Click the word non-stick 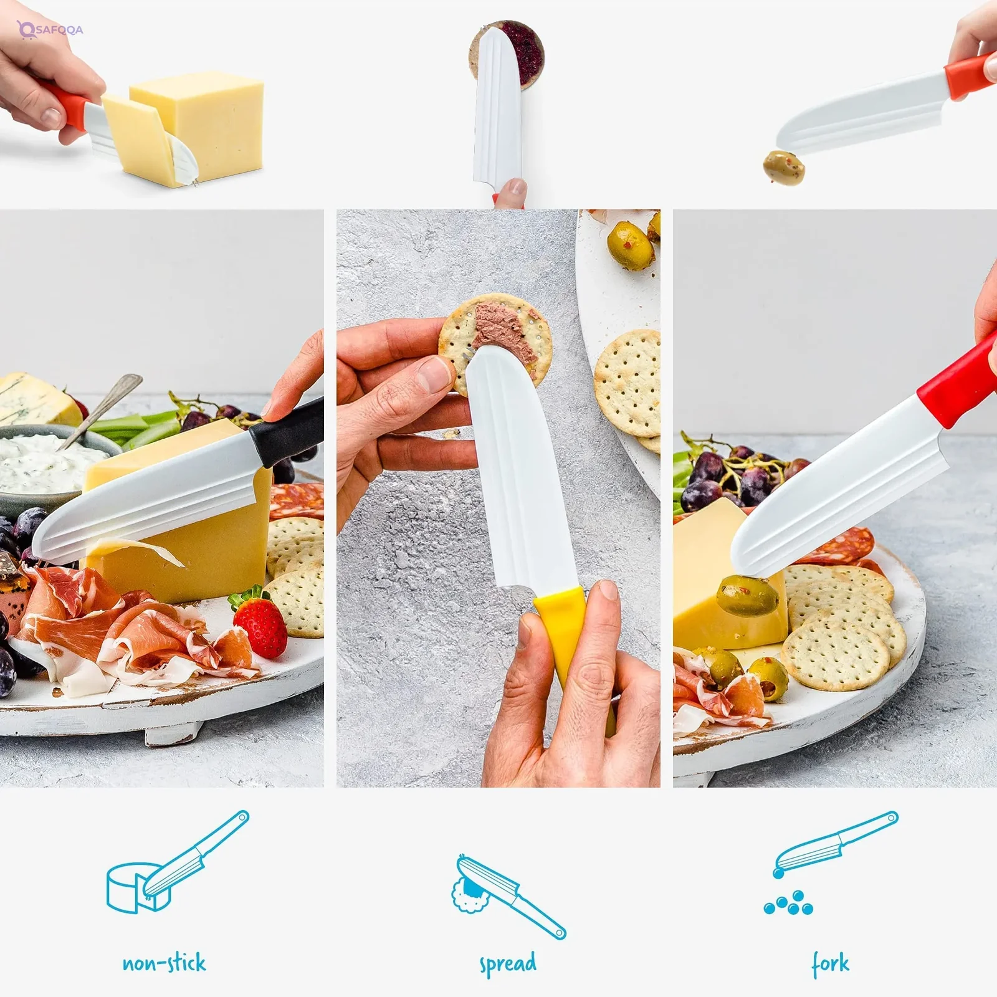click(164, 963)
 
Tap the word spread click(508, 964)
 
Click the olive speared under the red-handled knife click(747, 595)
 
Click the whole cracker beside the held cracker click(628, 383)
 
